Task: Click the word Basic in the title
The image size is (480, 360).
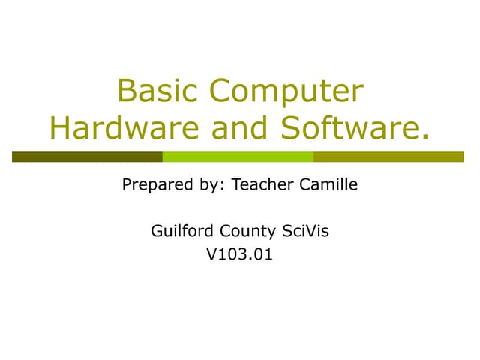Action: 157,91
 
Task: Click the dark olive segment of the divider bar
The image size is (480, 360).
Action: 87,157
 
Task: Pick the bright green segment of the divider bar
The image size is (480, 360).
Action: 238,157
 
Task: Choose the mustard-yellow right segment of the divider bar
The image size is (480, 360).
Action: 388,157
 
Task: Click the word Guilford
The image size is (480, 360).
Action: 180,231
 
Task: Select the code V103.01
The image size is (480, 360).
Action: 240,255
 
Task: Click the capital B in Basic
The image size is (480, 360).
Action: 126,91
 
